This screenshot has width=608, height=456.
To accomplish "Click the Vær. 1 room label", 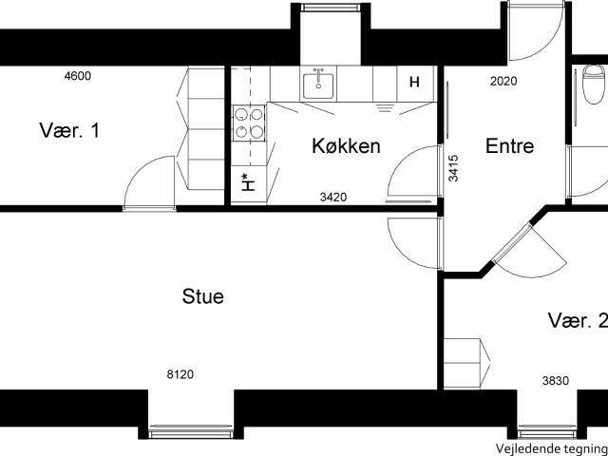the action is coord(69,130).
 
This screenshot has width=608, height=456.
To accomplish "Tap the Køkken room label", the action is coord(346,146).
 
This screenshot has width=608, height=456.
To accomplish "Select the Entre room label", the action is coord(509,146).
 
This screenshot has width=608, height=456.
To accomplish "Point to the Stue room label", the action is coord(202,296).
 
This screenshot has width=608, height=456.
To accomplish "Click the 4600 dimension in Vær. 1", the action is coord(78,76).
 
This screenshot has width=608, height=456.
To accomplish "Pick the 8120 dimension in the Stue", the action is coord(180,374).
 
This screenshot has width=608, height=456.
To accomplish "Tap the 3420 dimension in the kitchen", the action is coord(333,198).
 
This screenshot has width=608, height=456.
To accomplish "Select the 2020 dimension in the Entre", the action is coord(503,81).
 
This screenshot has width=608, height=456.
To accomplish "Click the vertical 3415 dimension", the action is coord(453,168).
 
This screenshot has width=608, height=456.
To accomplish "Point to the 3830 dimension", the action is coord(556,381).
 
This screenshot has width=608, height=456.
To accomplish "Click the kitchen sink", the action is coord(318,85).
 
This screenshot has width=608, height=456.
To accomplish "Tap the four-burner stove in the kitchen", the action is coord(249,123).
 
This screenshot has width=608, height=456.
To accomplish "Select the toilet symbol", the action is coord(593,85).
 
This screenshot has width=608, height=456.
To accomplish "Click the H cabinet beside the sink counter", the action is coord(415,83).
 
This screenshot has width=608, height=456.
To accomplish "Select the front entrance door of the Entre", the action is coord(536,31).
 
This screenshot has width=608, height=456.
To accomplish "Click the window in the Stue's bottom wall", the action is coord(191,432).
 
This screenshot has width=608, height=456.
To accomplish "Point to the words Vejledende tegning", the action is coord(552,447).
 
